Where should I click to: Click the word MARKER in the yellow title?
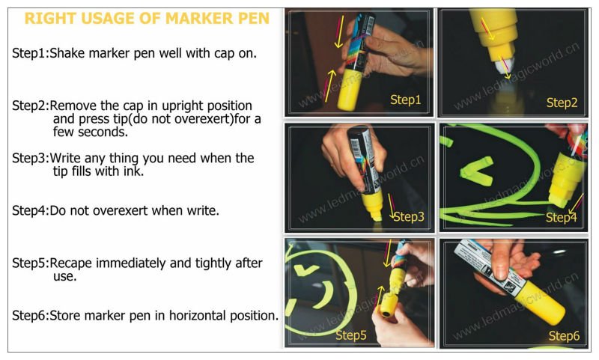point(198,18)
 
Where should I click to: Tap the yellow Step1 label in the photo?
point(405,100)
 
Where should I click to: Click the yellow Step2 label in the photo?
point(562,103)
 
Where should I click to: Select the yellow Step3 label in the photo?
point(408,217)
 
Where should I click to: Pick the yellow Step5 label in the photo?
point(350,335)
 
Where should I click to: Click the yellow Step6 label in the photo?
point(564,336)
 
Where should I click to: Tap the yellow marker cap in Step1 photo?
point(349,90)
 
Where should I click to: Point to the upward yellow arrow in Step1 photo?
point(329,85)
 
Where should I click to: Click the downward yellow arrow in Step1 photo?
point(339,31)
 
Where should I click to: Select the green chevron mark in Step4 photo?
point(476,171)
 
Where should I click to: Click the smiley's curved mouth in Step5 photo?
point(325,295)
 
